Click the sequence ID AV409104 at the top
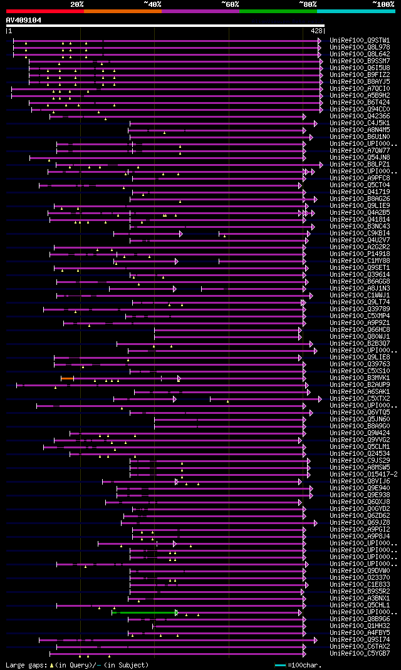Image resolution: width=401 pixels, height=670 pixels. (24, 20)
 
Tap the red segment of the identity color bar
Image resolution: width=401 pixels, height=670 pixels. (44, 11)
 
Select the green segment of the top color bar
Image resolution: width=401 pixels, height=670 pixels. (278, 11)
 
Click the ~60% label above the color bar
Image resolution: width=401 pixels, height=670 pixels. (230, 4)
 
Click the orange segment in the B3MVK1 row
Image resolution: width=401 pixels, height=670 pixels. (67, 378)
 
